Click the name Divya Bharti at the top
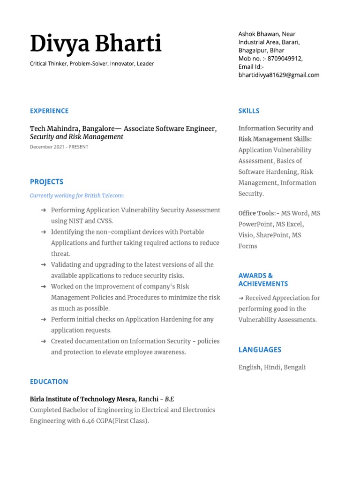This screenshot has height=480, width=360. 96,44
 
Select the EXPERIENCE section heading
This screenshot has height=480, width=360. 49,111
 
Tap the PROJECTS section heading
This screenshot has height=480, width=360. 46,182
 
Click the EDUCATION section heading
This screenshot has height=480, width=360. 49,382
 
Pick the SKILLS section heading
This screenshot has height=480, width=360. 249,111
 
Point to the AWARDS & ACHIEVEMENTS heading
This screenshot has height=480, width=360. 263,280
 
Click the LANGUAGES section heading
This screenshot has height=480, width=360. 260,350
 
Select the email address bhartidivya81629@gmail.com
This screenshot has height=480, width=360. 279,75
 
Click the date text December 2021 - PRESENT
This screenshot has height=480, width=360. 59,147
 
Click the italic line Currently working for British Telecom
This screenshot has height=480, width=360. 77,195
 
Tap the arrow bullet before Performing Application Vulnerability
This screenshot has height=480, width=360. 43,210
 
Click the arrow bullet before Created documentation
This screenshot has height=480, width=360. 43,341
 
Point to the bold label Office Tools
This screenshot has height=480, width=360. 257,213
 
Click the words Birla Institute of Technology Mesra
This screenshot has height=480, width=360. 83,399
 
